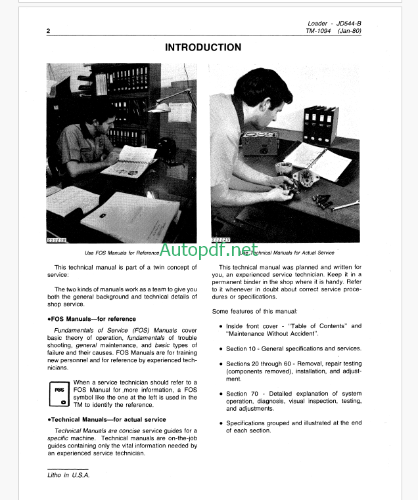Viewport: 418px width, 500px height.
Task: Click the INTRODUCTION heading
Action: (x=202, y=47)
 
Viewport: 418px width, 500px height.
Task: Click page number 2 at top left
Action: (x=48, y=31)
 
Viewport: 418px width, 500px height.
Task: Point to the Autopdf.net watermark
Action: (x=209, y=250)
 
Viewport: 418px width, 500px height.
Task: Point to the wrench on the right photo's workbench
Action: (x=341, y=206)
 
